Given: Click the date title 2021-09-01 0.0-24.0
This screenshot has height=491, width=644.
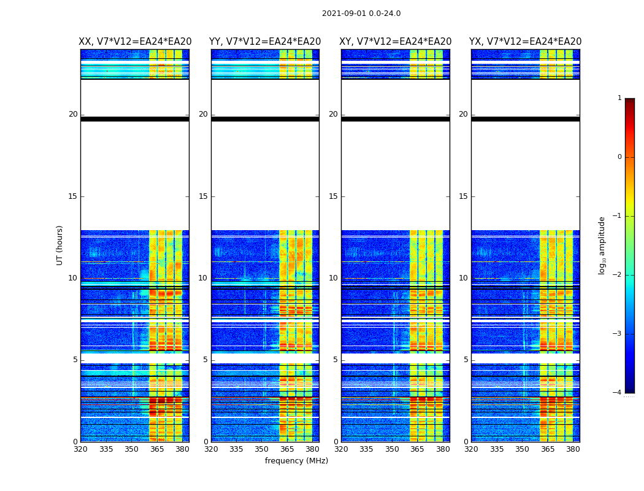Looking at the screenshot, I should pos(361,14).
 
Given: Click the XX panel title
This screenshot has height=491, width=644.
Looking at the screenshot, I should pos(135,42).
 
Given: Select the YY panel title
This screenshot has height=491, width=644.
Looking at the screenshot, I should pos(265,42).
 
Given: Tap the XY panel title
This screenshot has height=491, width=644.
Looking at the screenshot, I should pos(396,42).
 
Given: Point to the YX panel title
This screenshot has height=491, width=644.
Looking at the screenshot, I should pos(526,42).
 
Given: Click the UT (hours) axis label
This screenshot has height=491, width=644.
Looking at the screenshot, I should pos(60,245).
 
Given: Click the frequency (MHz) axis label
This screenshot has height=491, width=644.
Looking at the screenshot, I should pos(296,461).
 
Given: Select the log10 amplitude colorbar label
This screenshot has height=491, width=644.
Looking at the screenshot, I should pos(602,245).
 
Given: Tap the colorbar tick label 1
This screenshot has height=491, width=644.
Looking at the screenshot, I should pos(619,98).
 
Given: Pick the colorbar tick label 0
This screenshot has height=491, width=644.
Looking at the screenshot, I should pos(619,157).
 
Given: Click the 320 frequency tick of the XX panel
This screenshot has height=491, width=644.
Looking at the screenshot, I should pos(81,449).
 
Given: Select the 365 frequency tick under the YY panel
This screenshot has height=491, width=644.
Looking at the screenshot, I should pos(287,449).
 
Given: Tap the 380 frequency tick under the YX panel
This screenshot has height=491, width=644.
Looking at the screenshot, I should pos(573,449).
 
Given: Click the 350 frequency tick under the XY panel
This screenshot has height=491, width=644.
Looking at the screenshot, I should pos(392,449).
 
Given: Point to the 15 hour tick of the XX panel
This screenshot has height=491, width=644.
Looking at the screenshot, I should pos(73,196).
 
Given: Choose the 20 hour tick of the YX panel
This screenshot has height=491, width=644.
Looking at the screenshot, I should pos(464,114).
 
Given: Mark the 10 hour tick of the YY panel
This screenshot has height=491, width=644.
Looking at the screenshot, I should pos(203,278).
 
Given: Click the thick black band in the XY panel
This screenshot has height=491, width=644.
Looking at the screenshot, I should pos(396,119).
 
